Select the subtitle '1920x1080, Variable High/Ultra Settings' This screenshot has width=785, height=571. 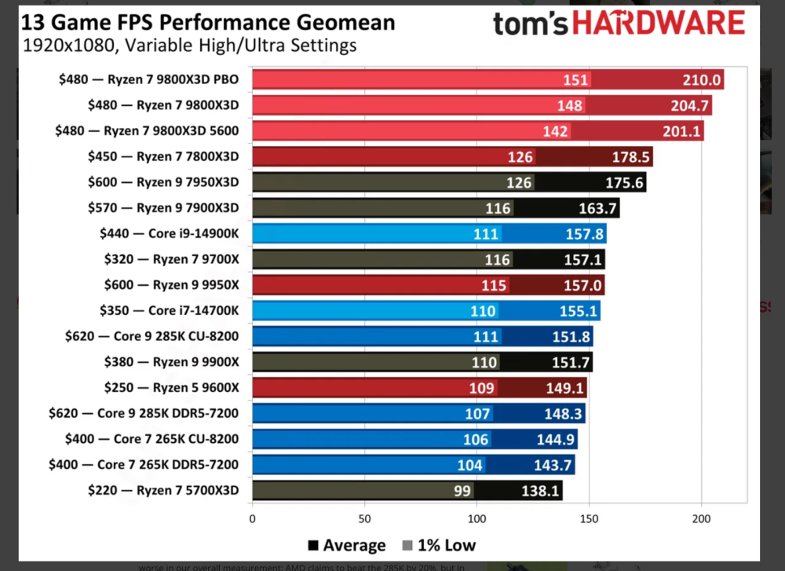(x=189, y=45)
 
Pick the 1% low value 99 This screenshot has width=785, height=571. (x=462, y=491)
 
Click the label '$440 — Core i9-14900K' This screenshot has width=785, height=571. (x=169, y=233)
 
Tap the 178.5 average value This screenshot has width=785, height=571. (x=631, y=157)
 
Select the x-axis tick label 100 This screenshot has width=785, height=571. (x=476, y=518)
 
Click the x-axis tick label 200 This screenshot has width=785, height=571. (x=702, y=518)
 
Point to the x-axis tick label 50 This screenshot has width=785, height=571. (x=364, y=518)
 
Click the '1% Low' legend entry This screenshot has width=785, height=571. (x=440, y=545)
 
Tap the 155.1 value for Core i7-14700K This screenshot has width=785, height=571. (x=579, y=311)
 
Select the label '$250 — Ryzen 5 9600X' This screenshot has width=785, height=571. (x=171, y=388)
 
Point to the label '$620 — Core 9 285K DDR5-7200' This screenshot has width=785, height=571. (x=143, y=414)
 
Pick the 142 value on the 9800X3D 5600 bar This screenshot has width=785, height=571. (x=555, y=131)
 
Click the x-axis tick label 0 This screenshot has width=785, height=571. (x=252, y=518)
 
